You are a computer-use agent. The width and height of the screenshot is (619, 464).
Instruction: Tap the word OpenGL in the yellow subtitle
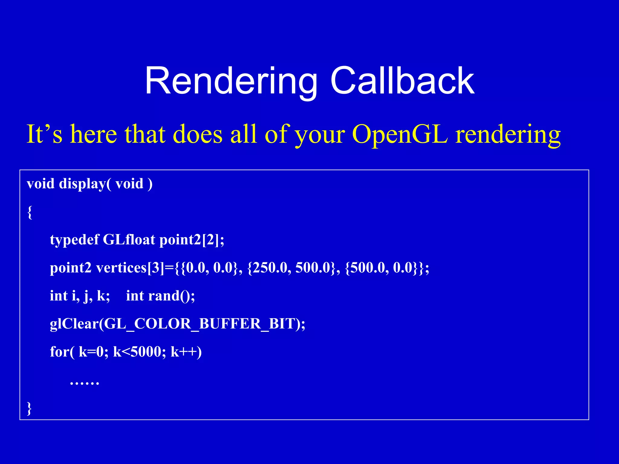click(400, 134)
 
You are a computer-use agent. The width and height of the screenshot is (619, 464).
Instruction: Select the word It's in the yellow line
click(44, 134)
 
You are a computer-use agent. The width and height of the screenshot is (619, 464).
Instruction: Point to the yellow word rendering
click(508, 135)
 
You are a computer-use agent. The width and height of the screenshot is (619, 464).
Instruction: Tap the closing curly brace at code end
click(29, 408)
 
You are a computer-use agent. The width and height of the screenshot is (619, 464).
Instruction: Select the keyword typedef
click(74, 240)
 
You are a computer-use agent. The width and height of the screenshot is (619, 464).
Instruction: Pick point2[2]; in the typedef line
click(192, 240)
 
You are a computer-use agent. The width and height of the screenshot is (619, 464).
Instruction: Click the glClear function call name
click(74, 324)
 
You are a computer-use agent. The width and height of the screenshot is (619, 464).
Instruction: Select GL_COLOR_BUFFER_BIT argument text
click(199, 324)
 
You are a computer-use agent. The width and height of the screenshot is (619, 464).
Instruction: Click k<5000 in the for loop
click(139, 352)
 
